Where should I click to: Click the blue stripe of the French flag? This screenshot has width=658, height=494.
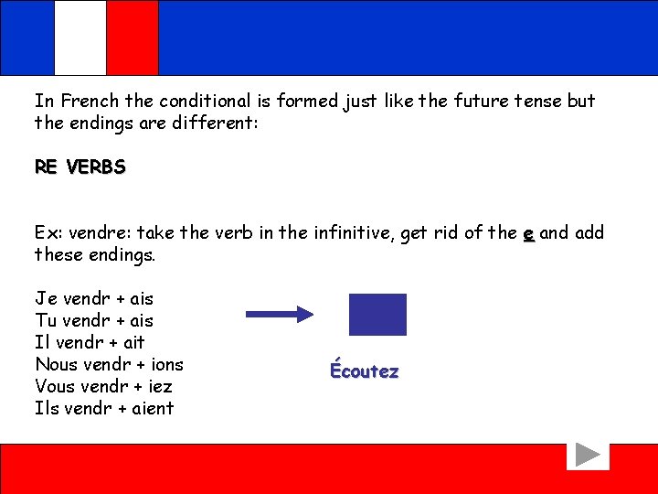(27, 38)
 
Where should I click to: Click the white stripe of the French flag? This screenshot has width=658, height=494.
(80, 38)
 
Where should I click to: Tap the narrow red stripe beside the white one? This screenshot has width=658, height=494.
(133, 38)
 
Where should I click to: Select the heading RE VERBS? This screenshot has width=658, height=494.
(80, 167)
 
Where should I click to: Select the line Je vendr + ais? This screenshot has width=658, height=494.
(94, 298)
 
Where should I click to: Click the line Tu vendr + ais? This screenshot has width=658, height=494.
(94, 320)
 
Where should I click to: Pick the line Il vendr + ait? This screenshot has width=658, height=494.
(90, 342)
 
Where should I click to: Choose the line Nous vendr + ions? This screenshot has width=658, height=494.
(109, 364)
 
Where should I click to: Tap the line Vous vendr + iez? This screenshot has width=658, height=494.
(103, 386)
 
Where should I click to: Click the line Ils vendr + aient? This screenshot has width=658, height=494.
(104, 408)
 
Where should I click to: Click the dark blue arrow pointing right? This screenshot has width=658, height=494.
(280, 314)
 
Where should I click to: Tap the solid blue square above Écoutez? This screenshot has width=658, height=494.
(377, 314)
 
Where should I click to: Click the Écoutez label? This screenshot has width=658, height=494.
(365, 370)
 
